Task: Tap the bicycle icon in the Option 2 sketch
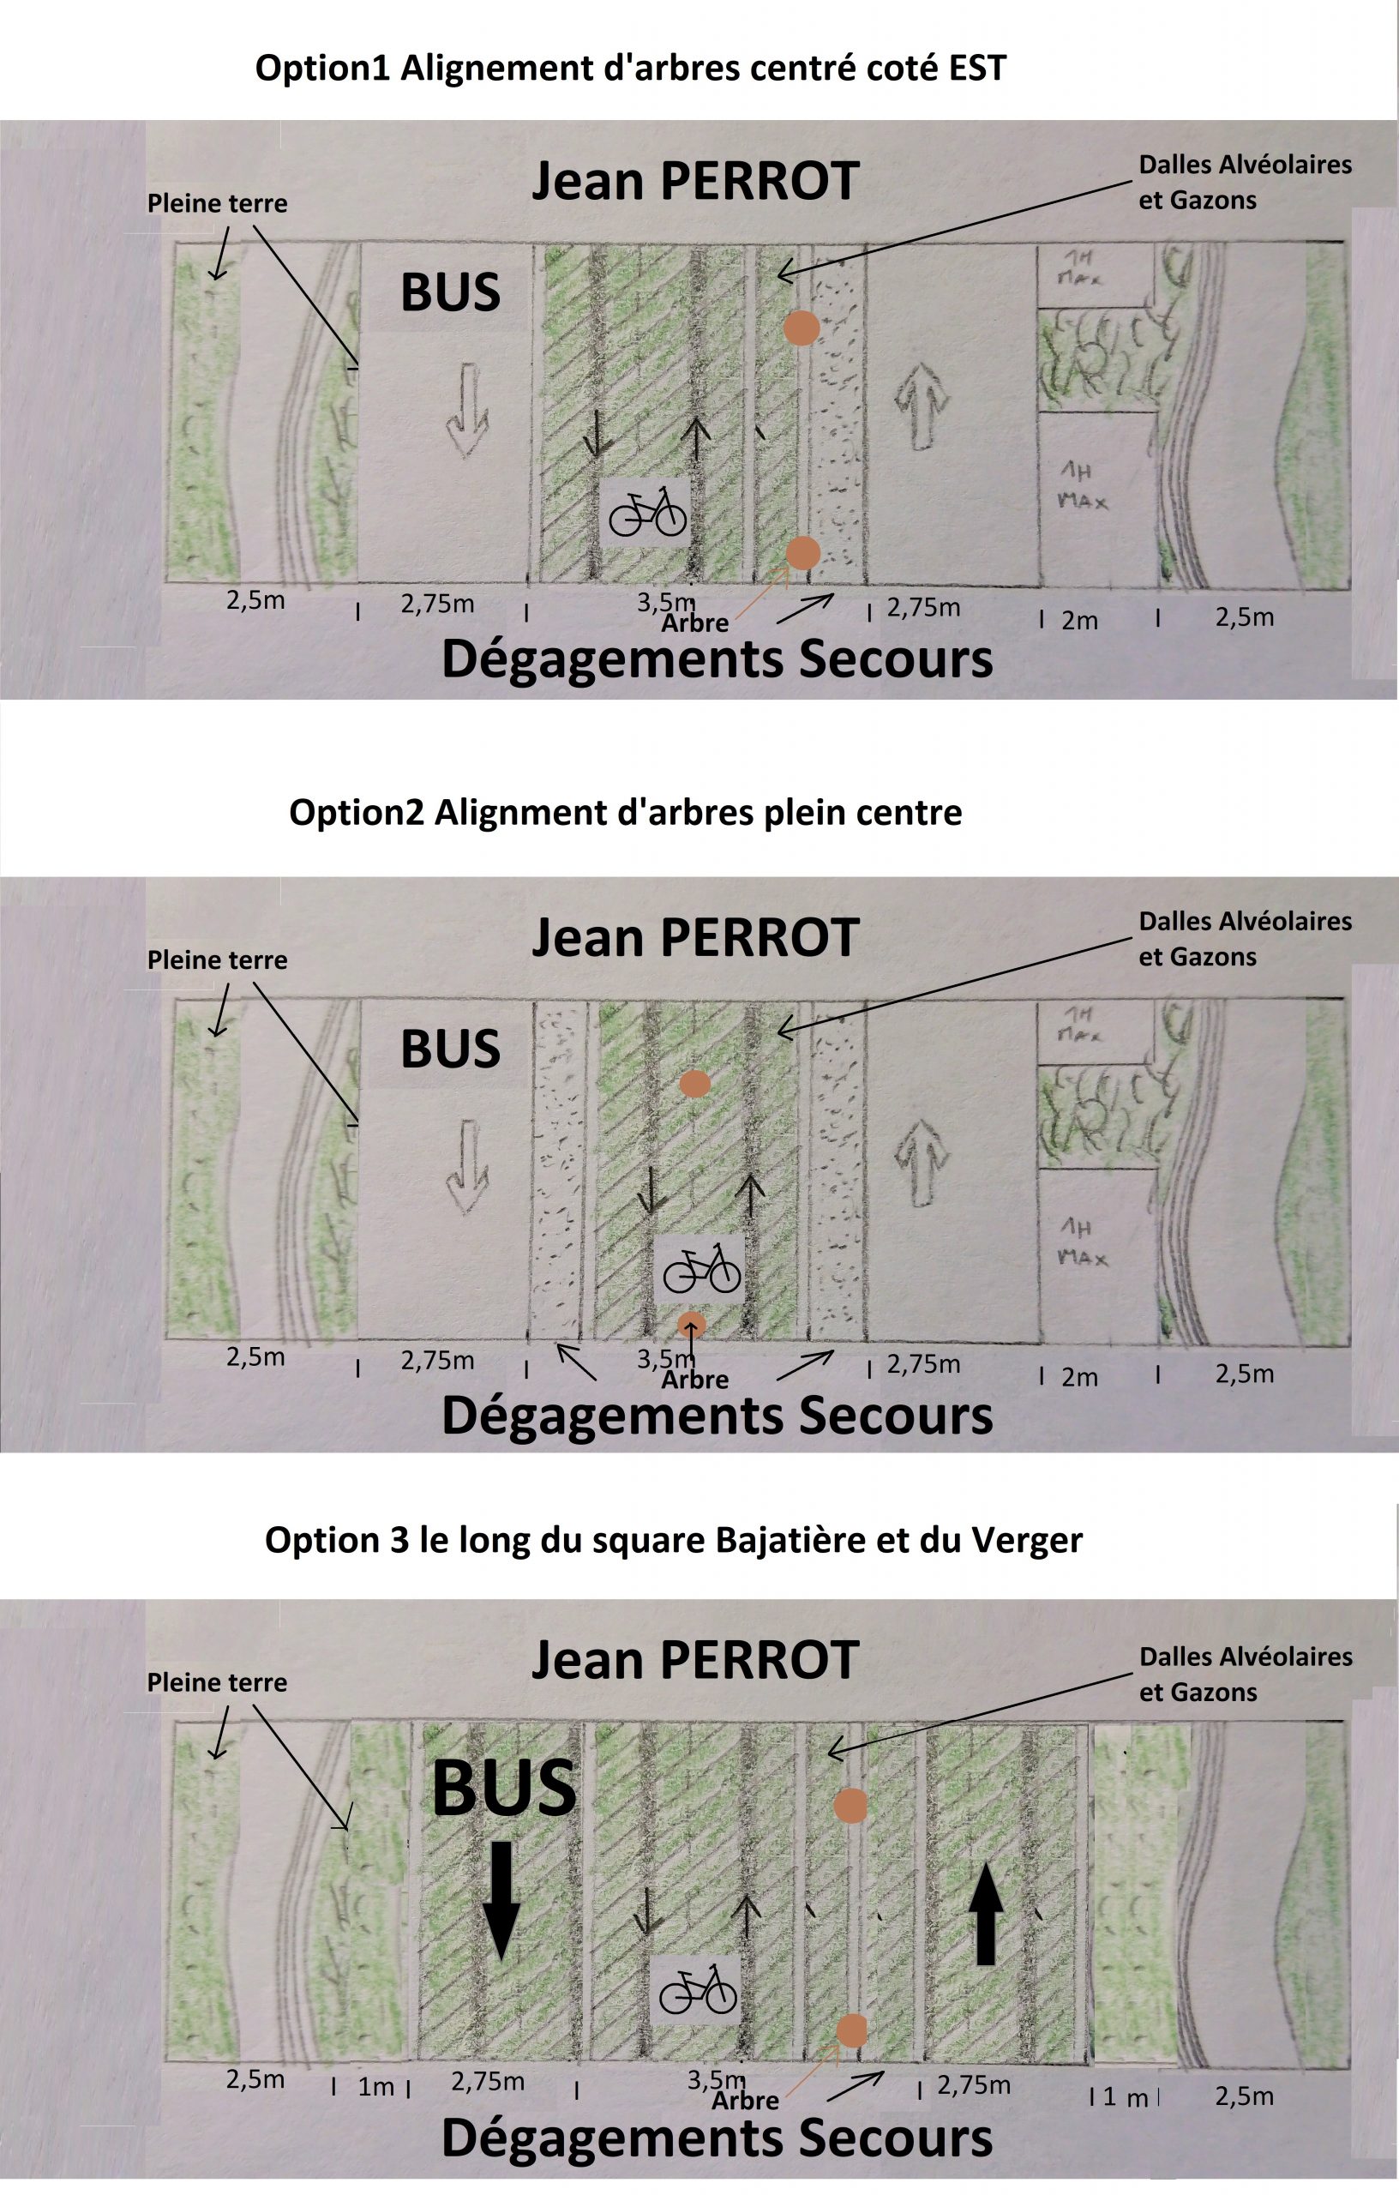(701, 1268)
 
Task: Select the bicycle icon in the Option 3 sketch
(697, 1988)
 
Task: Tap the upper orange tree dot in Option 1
(802, 328)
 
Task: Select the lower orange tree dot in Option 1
(803, 551)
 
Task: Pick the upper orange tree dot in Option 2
(695, 1084)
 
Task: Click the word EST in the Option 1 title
(976, 69)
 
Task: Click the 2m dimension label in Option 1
(1079, 621)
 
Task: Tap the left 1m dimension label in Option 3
(375, 2086)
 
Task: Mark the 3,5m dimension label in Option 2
(665, 1359)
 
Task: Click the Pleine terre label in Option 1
(217, 203)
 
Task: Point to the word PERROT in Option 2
(760, 938)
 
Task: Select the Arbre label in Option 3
(745, 2100)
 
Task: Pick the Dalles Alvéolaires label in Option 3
(1245, 1657)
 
